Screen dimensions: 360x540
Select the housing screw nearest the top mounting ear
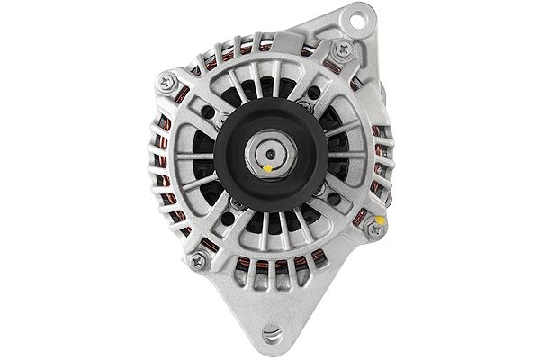coord(340,52)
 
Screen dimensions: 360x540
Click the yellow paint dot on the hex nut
coord(268,167)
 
